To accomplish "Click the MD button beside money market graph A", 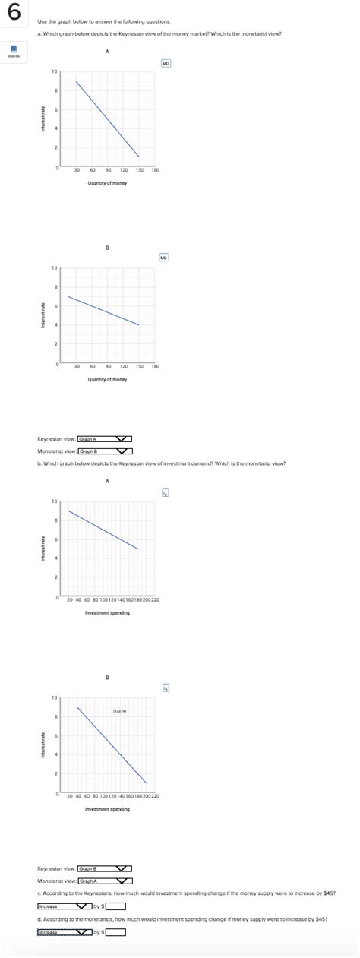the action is point(165,63).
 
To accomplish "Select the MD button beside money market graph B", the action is point(164,258).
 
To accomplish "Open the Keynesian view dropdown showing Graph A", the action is point(104,438).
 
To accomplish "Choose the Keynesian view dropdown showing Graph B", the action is point(104,868).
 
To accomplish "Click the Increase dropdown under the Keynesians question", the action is point(65,906).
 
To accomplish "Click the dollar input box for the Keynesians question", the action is point(115,906).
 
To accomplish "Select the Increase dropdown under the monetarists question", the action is point(65,932).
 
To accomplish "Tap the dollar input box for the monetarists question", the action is point(115,932).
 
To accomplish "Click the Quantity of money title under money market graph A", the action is point(107,183).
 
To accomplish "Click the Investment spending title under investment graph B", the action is point(107,809).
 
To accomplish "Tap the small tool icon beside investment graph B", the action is point(166,688).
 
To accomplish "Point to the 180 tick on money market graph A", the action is point(155,171).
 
